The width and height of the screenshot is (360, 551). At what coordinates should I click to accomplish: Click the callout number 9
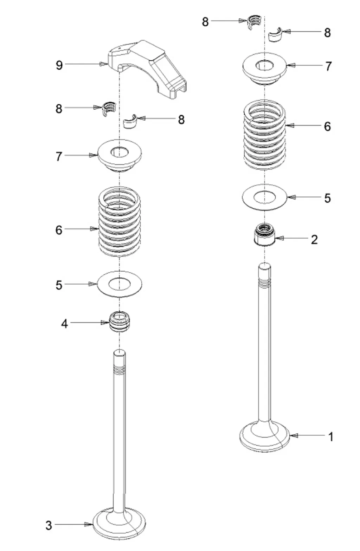click(59, 65)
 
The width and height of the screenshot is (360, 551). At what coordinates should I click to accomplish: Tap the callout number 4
click(64, 323)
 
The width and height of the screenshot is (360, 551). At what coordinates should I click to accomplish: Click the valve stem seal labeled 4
click(120, 321)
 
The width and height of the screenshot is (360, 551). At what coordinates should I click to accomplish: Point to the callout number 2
click(314, 239)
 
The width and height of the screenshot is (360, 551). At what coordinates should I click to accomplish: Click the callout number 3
click(49, 525)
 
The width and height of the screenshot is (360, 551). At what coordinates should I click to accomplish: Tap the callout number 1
click(330, 437)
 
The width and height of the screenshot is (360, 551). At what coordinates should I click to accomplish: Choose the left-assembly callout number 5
click(59, 285)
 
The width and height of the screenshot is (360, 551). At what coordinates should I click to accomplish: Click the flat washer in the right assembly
click(265, 197)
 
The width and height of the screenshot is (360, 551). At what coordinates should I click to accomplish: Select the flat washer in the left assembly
click(120, 283)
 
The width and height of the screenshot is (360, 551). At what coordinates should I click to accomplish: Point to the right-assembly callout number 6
click(327, 126)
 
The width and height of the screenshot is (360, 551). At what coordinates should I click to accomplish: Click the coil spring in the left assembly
click(120, 221)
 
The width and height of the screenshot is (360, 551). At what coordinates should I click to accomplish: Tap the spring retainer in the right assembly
click(265, 69)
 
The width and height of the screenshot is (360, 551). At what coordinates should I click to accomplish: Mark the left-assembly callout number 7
click(59, 156)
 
